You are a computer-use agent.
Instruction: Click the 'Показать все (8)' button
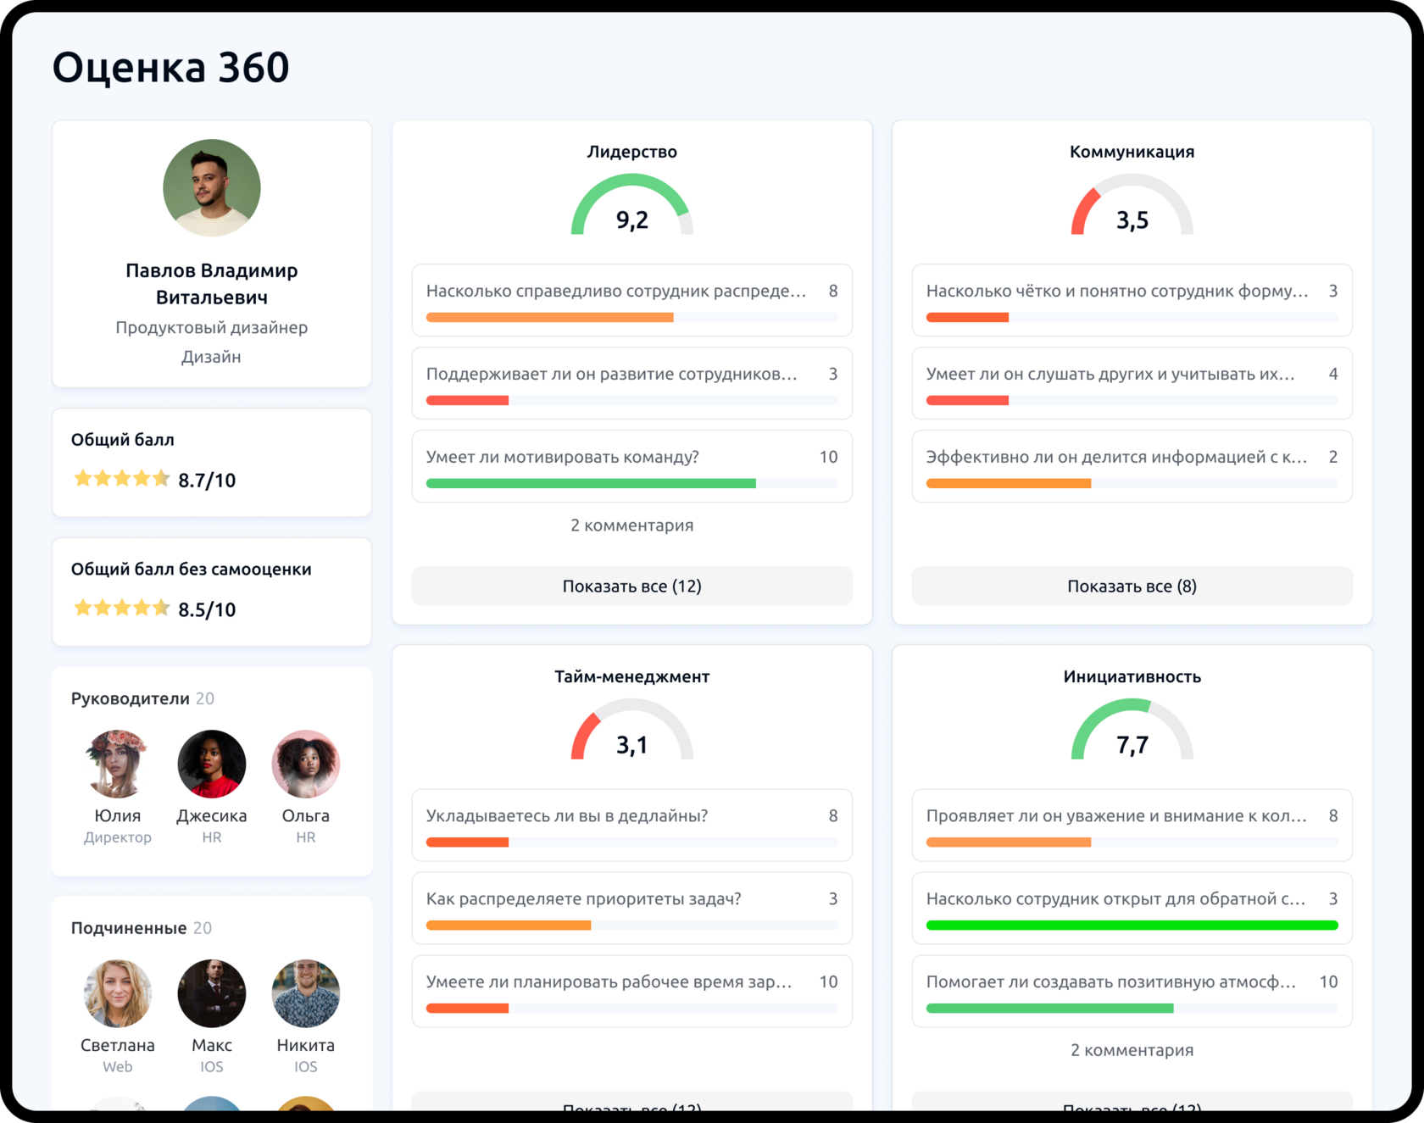coord(1132,586)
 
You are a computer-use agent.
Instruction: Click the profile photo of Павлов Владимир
coord(212,187)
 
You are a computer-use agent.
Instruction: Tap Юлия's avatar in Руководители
coord(118,764)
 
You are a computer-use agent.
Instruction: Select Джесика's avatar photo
coord(212,764)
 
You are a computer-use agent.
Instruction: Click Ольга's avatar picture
coord(305,764)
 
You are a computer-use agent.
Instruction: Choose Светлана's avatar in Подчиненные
coord(118,993)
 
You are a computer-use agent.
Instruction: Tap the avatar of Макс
coord(212,993)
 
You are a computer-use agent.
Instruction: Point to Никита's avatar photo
coord(305,993)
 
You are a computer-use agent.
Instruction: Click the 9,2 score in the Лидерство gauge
coord(632,220)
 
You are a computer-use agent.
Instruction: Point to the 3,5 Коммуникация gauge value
coord(1132,220)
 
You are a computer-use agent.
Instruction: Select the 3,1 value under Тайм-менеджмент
coord(632,745)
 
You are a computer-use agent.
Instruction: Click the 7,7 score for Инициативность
coord(1132,745)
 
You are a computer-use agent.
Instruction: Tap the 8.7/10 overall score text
coord(207,481)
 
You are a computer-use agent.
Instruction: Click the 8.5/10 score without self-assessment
coord(207,609)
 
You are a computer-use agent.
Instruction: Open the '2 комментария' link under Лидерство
coord(632,525)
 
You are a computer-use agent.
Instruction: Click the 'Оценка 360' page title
coord(171,67)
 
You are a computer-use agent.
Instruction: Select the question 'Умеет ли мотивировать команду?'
coord(563,458)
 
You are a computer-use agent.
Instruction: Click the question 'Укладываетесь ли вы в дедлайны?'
coord(567,816)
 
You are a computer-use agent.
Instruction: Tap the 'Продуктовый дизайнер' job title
coord(212,327)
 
